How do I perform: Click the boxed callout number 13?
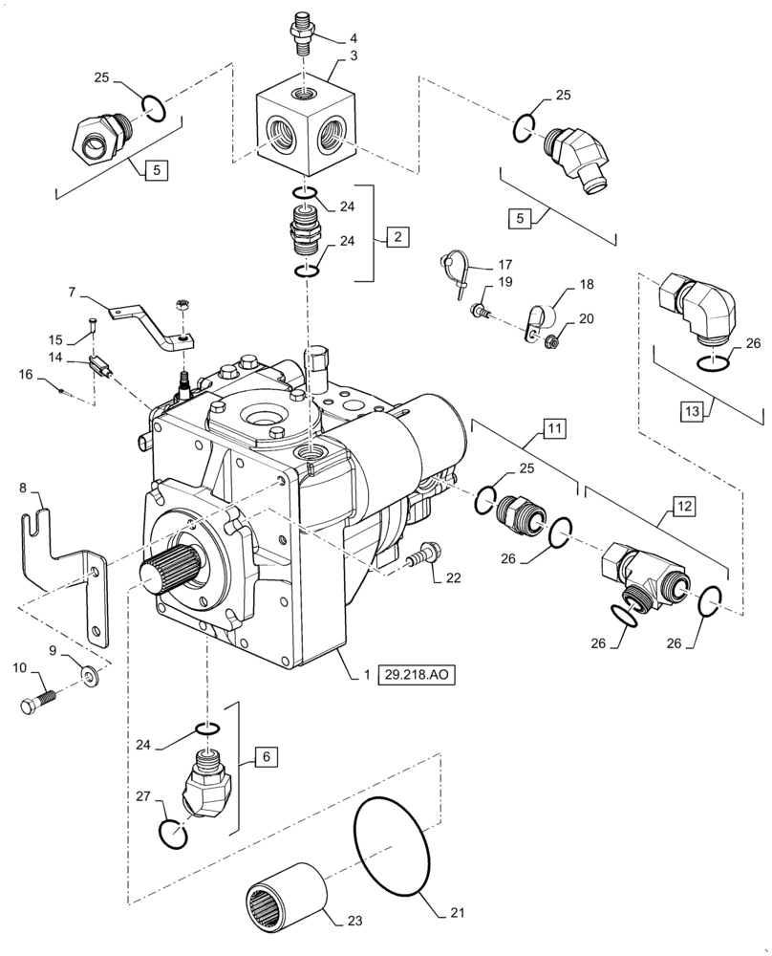click(695, 411)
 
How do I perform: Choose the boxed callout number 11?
click(556, 428)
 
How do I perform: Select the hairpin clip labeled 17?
click(457, 269)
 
